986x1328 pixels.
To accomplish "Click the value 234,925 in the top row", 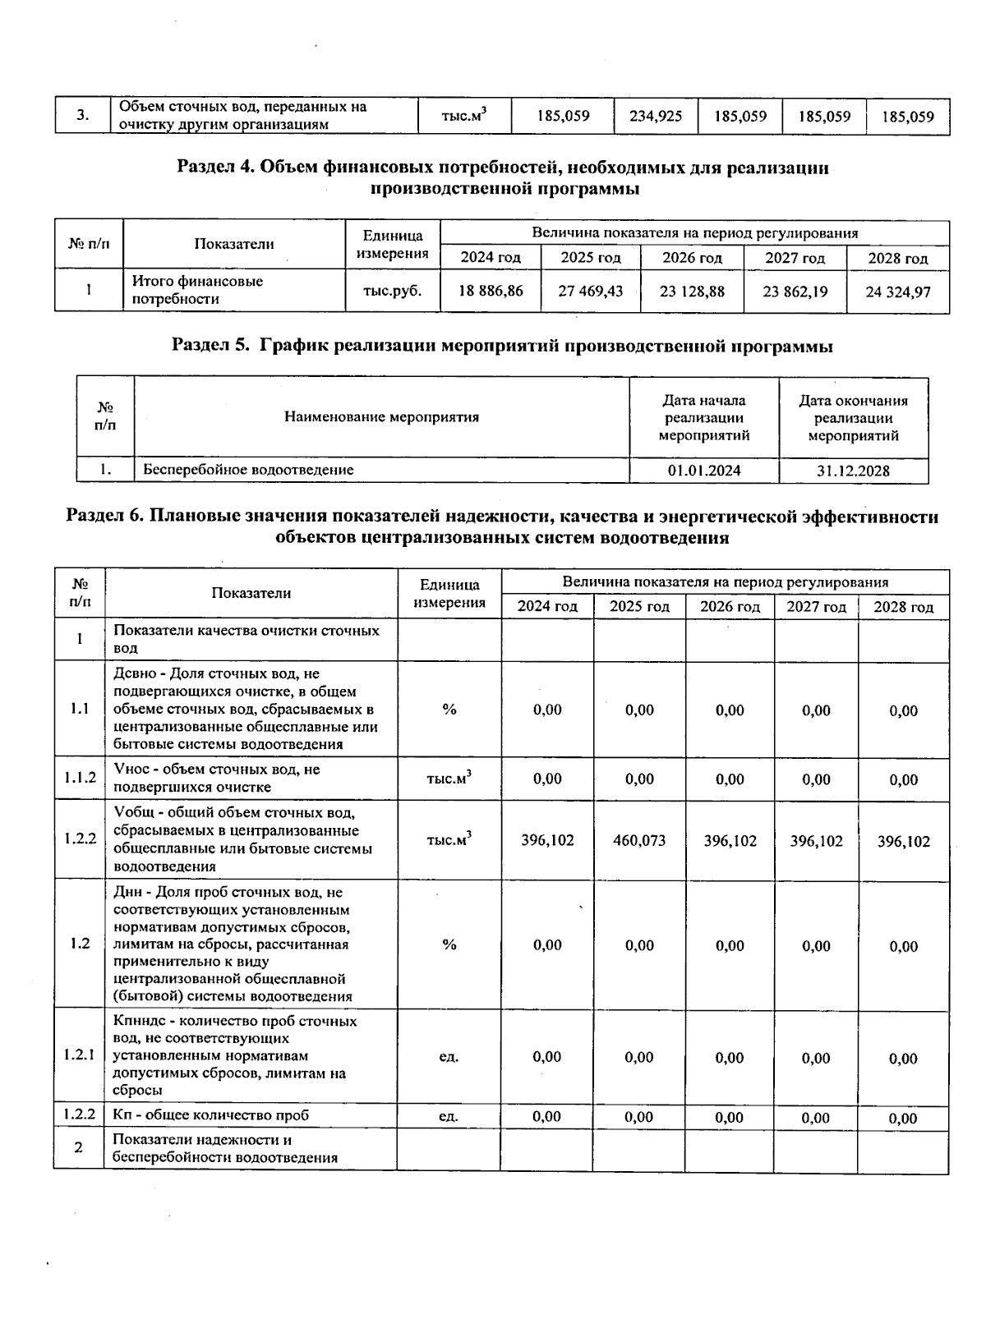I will click(x=656, y=117).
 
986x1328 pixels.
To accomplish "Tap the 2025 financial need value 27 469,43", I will click(x=590, y=291).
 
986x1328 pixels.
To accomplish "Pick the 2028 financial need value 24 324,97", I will click(x=897, y=292).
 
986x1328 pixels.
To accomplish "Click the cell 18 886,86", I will click(x=490, y=291).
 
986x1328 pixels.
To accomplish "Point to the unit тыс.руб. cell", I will click(x=392, y=290).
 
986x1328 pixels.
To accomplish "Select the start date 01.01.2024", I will click(x=704, y=471).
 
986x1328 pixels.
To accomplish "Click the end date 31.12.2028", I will click(x=853, y=471).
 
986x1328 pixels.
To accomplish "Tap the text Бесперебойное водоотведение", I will click(x=248, y=470).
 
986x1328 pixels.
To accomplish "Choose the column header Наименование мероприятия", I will click(x=381, y=417).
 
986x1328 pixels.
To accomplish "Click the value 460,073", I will click(x=639, y=841).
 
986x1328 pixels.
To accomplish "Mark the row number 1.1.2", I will click(x=80, y=779).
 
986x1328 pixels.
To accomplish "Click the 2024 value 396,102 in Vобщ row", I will click(x=547, y=841).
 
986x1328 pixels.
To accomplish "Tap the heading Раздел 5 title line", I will click(x=502, y=346).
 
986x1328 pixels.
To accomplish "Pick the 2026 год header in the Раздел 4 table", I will click(x=692, y=258).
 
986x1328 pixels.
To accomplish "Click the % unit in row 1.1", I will click(x=449, y=710).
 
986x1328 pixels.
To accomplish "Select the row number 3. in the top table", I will click(x=83, y=116).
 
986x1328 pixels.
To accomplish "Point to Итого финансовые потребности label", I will click(x=197, y=290).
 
